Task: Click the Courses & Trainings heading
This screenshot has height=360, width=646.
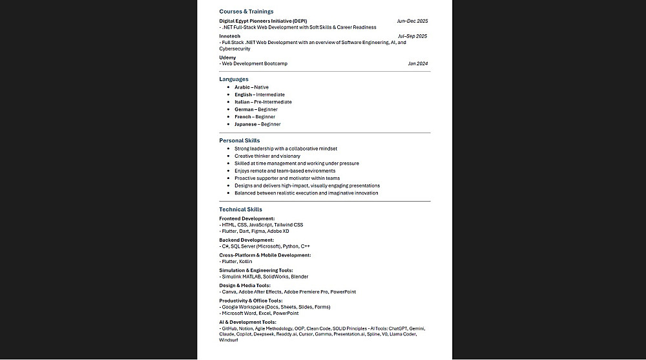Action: [x=246, y=12]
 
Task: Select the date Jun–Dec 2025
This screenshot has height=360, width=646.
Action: [x=412, y=21]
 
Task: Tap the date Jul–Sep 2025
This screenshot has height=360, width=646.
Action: [x=412, y=36]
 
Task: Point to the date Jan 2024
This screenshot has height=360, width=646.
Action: [x=418, y=64]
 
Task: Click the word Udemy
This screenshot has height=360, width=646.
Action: [x=227, y=58]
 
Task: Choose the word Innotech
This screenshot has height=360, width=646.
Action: [x=229, y=36]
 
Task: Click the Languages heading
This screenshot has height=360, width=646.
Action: [x=233, y=79]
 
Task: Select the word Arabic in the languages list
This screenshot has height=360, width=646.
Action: [x=242, y=87]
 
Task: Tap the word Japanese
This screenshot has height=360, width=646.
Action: [x=245, y=124]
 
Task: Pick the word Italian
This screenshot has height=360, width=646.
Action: [x=243, y=102]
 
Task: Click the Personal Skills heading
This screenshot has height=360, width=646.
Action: [x=239, y=140]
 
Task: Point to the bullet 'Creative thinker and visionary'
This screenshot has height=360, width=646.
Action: [x=267, y=156]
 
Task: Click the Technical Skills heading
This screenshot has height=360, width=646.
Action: [x=240, y=209]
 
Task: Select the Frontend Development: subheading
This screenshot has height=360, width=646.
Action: [x=247, y=218]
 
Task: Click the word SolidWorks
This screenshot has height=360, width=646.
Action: [x=276, y=277]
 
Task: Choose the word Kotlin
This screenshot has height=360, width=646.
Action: [x=245, y=262]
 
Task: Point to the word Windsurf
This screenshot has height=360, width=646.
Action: [x=229, y=340]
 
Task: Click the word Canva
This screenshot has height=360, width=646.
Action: [x=229, y=292]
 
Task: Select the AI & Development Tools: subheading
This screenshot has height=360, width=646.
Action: [x=247, y=322]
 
